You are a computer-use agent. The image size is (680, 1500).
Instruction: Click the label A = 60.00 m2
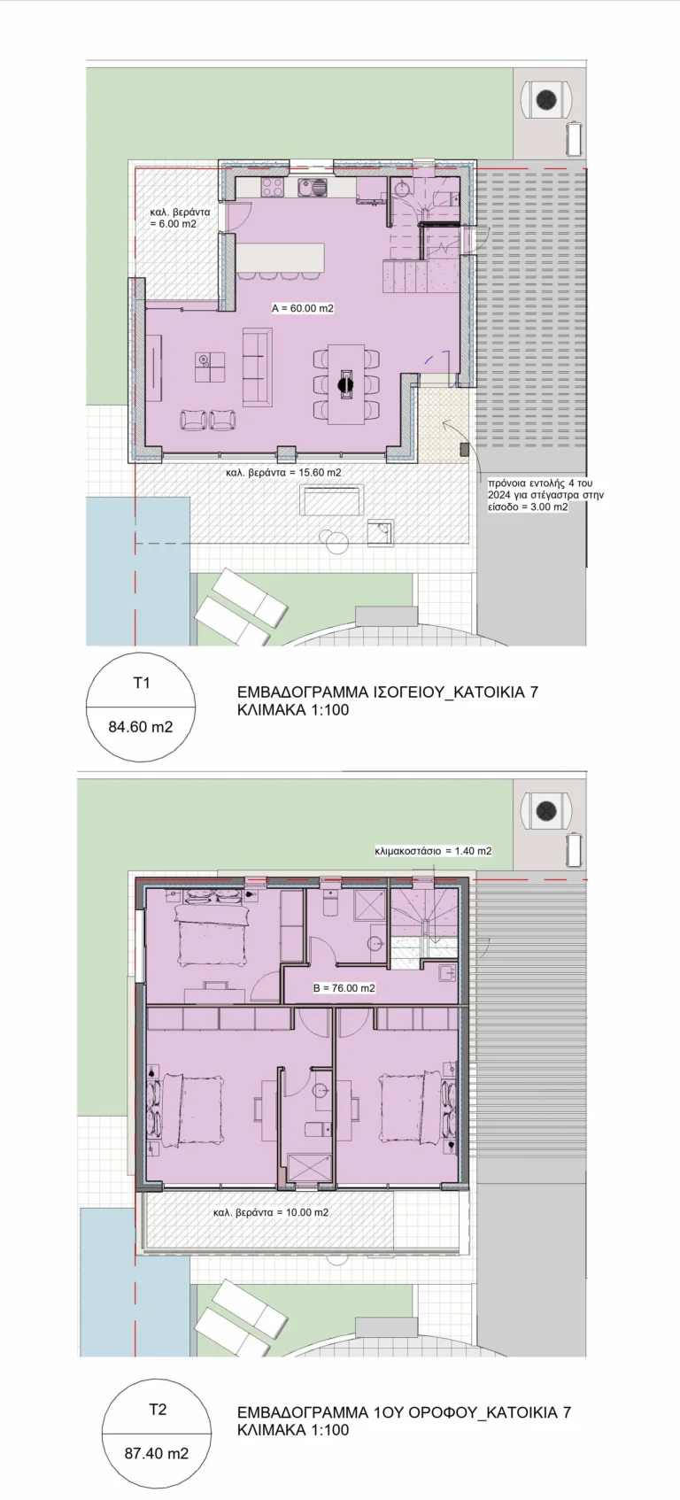pyautogui.click(x=303, y=309)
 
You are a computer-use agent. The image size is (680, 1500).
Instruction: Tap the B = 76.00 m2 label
pyautogui.click(x=344, y=987)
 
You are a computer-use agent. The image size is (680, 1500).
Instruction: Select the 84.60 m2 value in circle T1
pyautogui.click(x=141, y=727)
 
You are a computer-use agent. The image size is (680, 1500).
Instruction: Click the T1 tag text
pyautogui.click(x=141, y=683)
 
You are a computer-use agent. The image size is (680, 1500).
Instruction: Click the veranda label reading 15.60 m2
pyautogui.click(x=284, y=472)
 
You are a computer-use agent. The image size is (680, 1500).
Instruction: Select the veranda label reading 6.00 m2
pyautogui.click(x=180, y=218)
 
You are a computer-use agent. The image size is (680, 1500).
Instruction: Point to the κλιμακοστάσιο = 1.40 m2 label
pyautogui.click(x=433, y=851)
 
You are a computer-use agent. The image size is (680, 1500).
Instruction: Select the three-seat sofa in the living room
pyautogui.click(x=257, y=367)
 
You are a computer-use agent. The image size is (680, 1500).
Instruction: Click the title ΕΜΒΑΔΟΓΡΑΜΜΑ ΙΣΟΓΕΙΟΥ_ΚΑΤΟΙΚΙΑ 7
pyautogui.click(x=388, y=692)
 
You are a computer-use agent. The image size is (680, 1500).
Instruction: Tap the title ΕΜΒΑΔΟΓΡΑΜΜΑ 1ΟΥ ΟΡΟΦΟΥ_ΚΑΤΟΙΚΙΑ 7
pyautogui.click(x=405, y=1413)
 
